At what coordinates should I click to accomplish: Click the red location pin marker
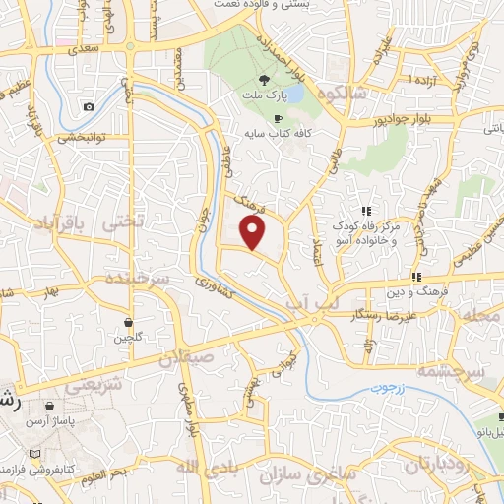click(x=254, y=232)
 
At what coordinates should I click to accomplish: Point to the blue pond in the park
click(x=292, y=96)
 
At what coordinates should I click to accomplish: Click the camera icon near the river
click(x=90, y=106)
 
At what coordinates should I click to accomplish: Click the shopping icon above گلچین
click(x=129, y=321)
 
